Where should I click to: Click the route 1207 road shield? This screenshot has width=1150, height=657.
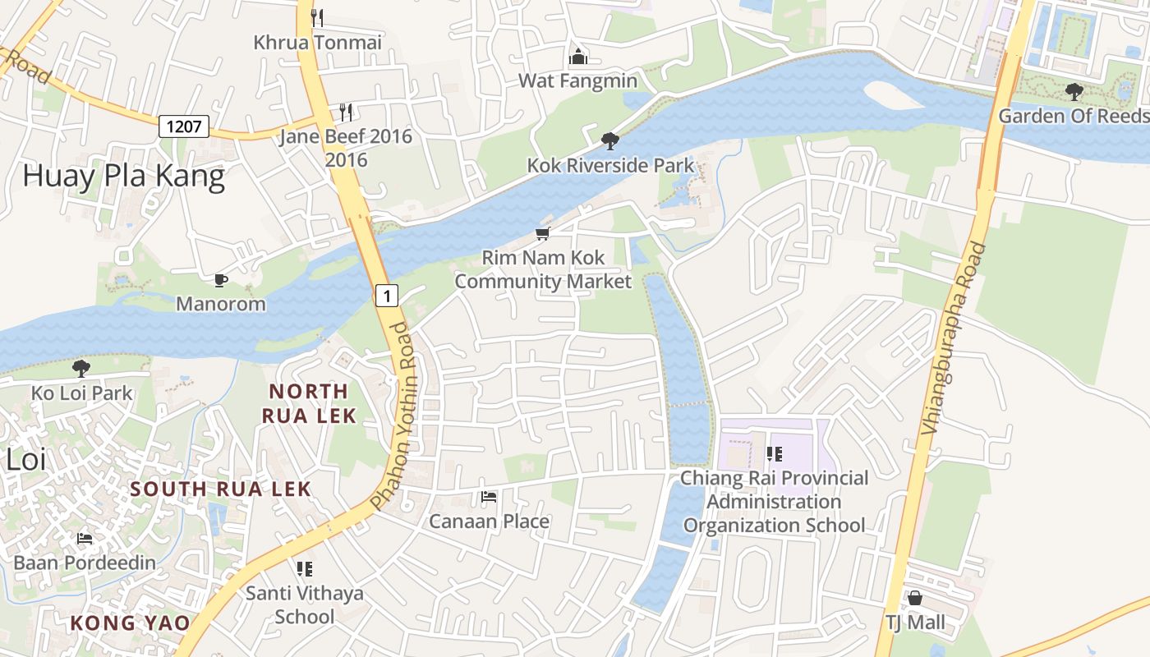pos(184,126)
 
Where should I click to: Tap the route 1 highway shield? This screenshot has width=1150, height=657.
pos(388,295)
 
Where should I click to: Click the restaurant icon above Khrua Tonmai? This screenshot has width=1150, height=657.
pos(317,17)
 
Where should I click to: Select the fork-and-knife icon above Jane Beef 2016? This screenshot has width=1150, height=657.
pos(346,112)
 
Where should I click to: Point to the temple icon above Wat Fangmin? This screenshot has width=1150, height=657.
pos(578,56)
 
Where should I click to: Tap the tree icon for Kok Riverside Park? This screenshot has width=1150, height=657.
pos(609,141)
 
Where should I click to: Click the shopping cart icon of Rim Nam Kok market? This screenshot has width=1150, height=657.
pos(542,234)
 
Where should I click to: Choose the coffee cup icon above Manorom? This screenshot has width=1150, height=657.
pos(221,280)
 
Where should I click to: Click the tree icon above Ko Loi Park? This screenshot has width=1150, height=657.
pos(80,368)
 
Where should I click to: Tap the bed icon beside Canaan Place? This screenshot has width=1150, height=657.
pos(489,497)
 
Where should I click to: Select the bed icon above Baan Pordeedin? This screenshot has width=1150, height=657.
pos(84,539)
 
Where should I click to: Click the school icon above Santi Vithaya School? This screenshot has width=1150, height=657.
pos(305,568)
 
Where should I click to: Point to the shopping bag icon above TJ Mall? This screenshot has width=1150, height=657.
pos(915,598)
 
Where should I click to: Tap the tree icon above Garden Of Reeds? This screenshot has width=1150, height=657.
pos(1074,91)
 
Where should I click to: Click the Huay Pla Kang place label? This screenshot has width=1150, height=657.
pos(123,177)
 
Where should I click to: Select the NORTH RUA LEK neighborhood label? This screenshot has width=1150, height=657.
pos(309,403)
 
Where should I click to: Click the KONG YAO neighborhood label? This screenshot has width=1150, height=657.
pos(130,623)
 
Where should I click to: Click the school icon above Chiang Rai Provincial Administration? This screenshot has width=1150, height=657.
pos(774,453)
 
